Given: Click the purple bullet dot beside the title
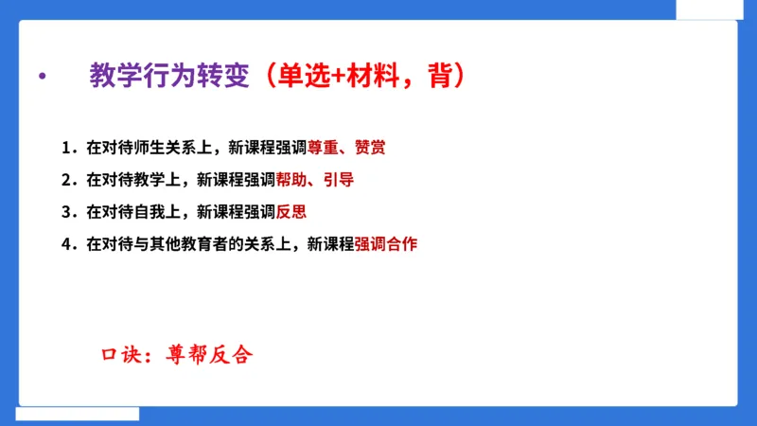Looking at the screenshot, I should pyautogui.click(x=41, y=77).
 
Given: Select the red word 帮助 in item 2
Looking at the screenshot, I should pyautogui.click(x=290, y=180).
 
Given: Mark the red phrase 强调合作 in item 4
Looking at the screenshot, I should pyautogui.click(x=386, y=244).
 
